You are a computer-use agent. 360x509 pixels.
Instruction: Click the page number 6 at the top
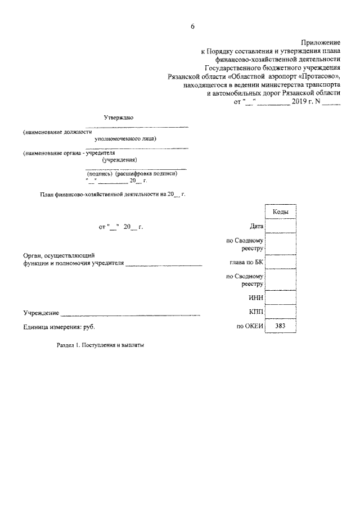tap(192, 26)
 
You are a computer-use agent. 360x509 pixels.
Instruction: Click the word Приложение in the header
tap(321, 42)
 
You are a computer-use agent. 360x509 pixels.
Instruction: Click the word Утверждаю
tap(119, 118)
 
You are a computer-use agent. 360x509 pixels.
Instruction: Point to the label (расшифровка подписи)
tap(150, 174)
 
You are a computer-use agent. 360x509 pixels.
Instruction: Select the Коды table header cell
tap(280, 211)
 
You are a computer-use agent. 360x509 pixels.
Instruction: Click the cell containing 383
tap(280, 326)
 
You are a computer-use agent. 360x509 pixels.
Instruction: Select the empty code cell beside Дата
tap(280, 227)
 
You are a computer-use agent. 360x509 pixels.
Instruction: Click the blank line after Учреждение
tap(130, 314)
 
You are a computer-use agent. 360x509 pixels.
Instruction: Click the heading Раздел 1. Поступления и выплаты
tap(101, 346)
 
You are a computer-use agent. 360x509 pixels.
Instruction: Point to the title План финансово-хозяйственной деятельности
tap(112, 194)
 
